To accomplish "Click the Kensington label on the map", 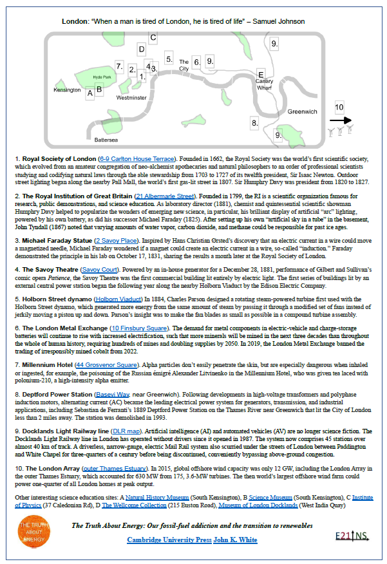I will pos(67,90).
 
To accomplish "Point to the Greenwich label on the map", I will pos(302,111).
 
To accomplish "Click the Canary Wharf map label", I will pos(265,85).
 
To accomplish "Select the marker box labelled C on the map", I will pos(153,37).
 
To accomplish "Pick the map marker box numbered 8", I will pos(255,122).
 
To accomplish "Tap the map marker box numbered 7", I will pos(119,66).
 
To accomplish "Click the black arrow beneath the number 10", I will pos(340,120).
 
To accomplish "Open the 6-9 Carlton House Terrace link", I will pos(136,158).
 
